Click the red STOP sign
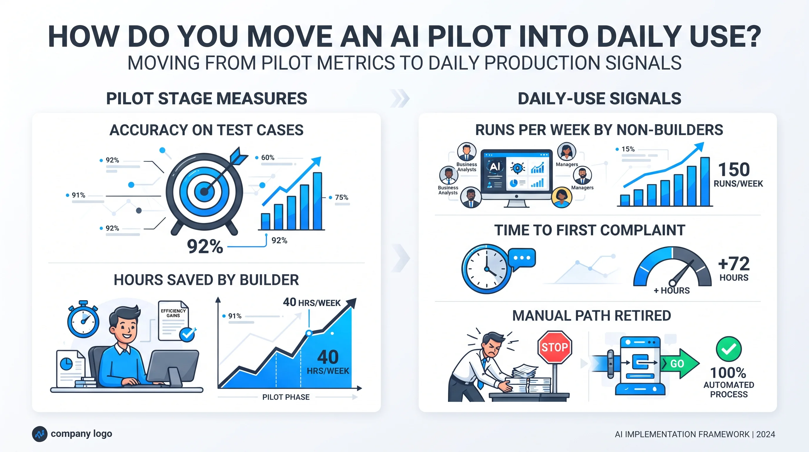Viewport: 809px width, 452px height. [555, 347]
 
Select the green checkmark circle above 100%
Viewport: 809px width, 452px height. [729, 349]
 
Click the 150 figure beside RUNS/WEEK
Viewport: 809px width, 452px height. [734, 169]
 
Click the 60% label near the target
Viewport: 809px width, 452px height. [268, 157]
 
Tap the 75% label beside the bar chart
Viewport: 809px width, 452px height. [341, 197]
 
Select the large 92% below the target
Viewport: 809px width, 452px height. [205, 246]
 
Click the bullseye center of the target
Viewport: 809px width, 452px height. [204, 192]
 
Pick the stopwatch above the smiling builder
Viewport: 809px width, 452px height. [83, 319]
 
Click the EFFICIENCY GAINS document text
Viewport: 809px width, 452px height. [173, 313]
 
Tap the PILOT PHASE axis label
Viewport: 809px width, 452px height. [286, 397]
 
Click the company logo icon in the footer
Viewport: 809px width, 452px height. [40, 434]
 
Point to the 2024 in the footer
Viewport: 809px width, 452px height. [766, 434]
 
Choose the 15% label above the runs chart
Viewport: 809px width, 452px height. [628, 149]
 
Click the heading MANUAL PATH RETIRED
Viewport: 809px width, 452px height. [592, 315]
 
